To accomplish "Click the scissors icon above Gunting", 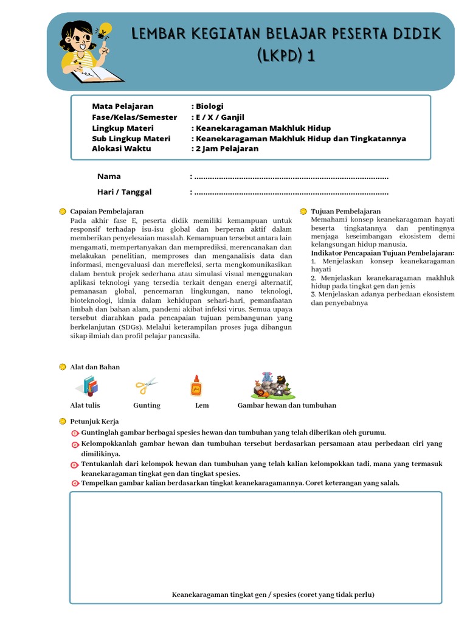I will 146,385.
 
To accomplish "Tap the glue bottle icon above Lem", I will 196,386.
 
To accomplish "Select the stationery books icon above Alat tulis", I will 88,386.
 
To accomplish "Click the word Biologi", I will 209,106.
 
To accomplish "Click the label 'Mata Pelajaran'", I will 122,106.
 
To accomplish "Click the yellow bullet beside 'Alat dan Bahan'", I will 63,367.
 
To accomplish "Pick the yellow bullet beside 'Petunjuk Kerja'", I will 63,422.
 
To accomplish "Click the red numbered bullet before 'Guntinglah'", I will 75,433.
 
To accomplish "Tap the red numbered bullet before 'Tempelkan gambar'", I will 75,484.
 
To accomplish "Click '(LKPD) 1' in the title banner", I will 286,57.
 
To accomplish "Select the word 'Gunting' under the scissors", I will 147,405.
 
